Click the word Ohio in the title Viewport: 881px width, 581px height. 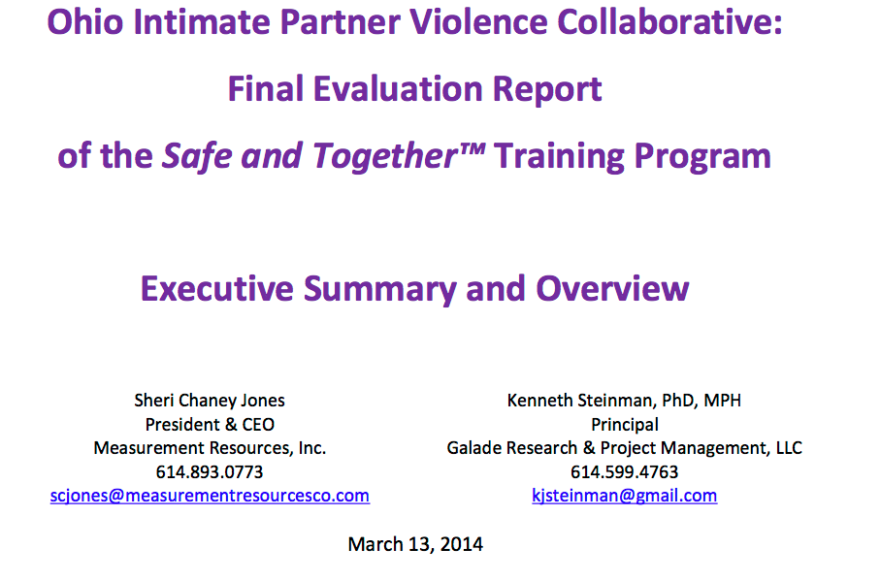click(x=85, y=22)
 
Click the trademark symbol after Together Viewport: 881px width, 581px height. click(x=473, y=148)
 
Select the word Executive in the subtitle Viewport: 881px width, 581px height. click(x=217, y=289)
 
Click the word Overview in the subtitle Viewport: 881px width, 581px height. click(x=612, y=289)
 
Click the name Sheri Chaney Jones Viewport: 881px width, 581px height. click(x=210, y=400)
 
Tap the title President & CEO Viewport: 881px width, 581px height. click(x=210, y=424)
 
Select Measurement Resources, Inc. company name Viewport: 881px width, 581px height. click(x=210, y=448)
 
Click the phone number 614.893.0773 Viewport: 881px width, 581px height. click(x=210, y=472)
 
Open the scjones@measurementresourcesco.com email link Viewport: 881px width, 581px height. click(x=210, y=496)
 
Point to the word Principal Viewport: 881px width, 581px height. click(x=625, y=424)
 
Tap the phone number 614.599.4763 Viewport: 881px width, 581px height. click(x=625, y=472)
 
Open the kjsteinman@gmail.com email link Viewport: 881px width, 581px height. click(x=625, y=496)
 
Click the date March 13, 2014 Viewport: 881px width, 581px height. click(x=415, y=544)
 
